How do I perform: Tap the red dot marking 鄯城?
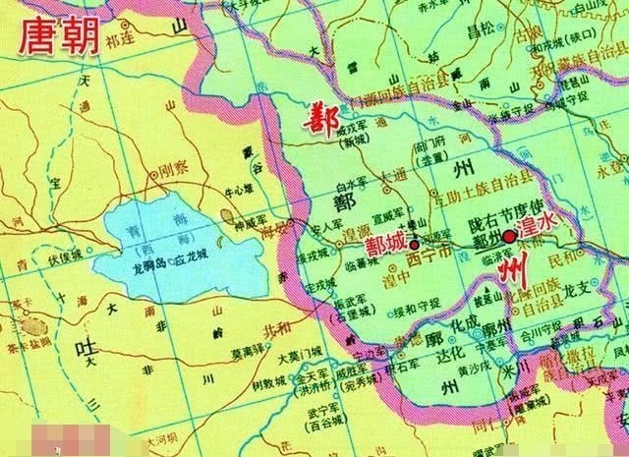(415, 240)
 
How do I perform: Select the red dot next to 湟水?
(509, 237)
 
